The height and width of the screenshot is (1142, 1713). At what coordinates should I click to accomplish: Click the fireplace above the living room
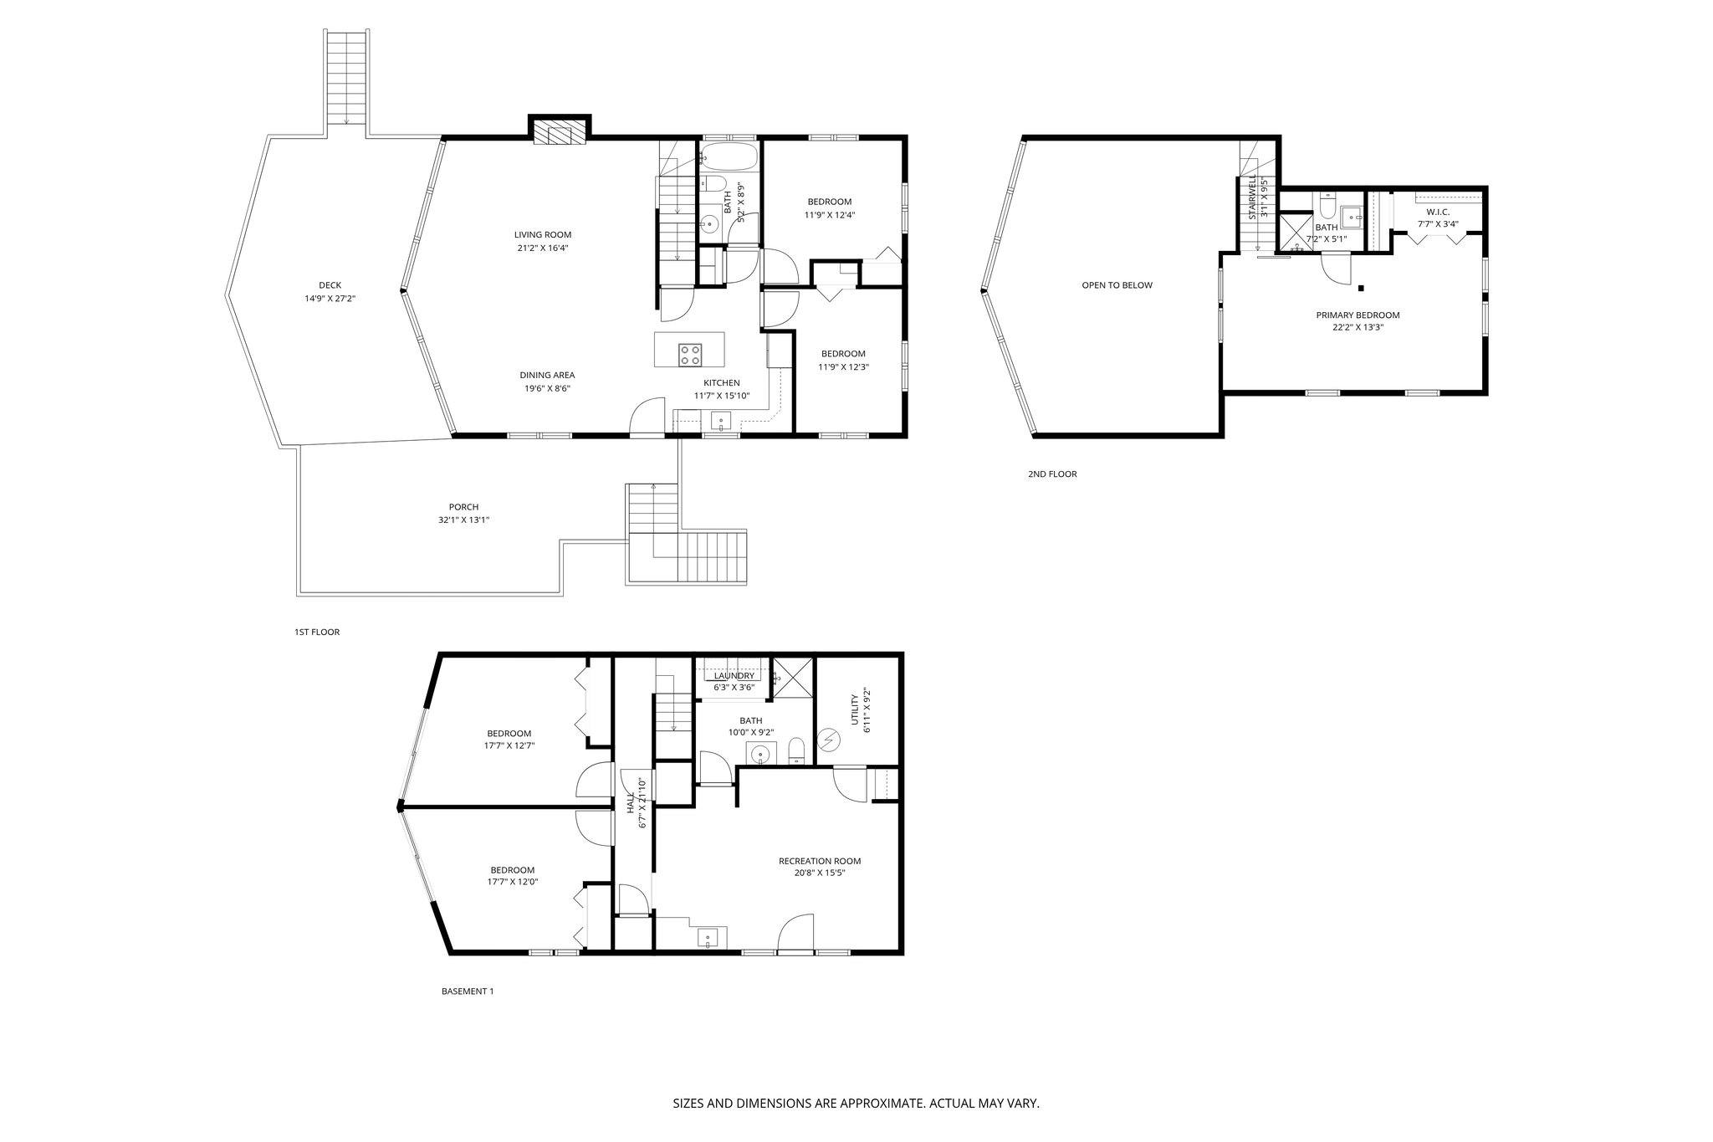pyautogui.click(x=560, y=133)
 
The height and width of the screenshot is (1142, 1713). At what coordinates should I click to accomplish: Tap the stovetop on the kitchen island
pyautogui.click(x=690, y=355)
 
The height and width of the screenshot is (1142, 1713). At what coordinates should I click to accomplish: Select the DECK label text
pyautogui.click(x=330, y=285)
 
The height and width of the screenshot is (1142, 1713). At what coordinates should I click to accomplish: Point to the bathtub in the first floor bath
pyautogui.click(x=728, y=156)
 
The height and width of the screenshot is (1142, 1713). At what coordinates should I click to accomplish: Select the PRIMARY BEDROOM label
pyautogui.click(x=1358, y=315)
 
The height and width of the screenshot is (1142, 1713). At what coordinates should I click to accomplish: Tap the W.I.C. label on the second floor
pyautogui.click(x=1438, y=212)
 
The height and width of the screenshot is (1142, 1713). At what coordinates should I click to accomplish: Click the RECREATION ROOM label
pyautogui.click(x=819, y=861)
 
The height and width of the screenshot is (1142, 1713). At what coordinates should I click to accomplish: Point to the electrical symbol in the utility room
pyautogui.click(x=831, y=740)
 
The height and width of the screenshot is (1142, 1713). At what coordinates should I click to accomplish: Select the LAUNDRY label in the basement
pyautogui.click(x=734, y=676)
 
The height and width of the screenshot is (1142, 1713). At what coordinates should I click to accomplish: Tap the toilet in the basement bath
pyautogui.click(x=797, y=750)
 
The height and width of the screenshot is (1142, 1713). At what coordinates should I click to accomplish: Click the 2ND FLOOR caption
pyautogui.click(x=1052, y=474)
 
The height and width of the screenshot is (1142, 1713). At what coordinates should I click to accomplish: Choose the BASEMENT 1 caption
pyautogui.click(x=468, y=991)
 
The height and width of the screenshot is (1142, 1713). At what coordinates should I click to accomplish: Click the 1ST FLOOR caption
pyautogui.click(x=317, y=632)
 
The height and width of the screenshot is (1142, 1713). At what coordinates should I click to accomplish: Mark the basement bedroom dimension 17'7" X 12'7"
pyautogui.click(x=509, y=745)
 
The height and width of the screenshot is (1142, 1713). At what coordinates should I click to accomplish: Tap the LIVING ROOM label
pyautogui.click(x=543, y=235)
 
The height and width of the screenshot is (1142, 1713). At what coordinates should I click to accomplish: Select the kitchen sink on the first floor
pyautogui.click(x=721, y=421)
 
